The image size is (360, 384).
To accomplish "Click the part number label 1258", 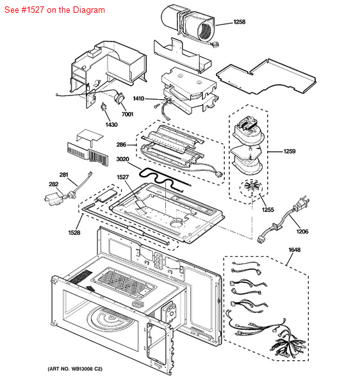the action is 239,22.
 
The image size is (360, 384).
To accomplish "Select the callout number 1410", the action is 138,99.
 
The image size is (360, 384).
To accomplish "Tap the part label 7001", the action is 127,114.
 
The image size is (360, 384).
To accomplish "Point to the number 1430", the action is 111,125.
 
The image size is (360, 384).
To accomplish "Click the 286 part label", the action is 121,145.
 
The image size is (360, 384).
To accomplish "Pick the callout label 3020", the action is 122,159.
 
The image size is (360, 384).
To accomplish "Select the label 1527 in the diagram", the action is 122,177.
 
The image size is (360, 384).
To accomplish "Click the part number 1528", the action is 74,232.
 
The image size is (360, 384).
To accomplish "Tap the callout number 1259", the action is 290,151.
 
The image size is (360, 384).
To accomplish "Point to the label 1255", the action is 268,210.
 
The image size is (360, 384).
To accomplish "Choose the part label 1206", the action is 302,232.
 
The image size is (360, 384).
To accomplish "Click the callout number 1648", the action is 294,250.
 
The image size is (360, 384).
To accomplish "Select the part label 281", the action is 63,175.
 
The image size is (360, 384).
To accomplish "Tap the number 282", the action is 54,184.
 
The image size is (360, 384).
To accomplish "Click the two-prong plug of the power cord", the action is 302,203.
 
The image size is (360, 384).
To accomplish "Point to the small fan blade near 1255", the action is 250,188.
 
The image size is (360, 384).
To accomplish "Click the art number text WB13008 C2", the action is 86,369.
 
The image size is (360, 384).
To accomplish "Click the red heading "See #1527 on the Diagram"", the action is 54,10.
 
